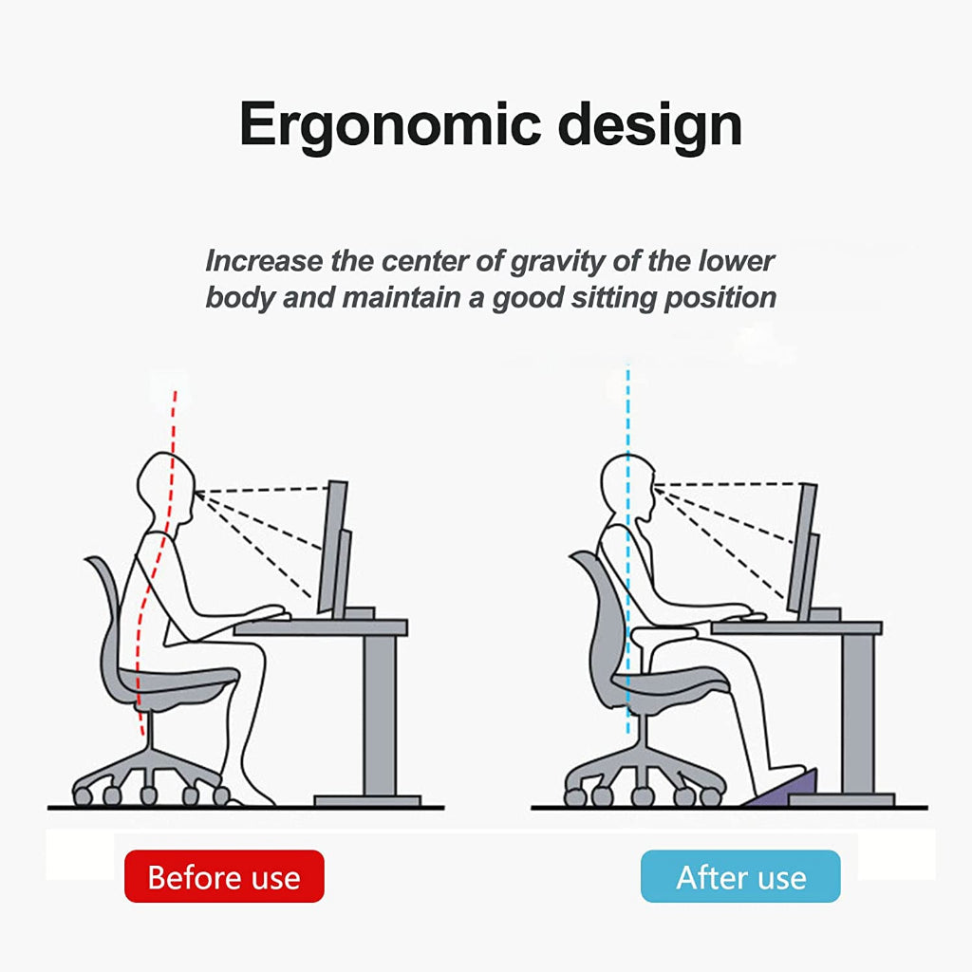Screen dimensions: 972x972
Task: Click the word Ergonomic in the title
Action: [x=390, y=125]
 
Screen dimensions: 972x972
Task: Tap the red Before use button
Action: [x=224, y=876]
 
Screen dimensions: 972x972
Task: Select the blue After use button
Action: [x=740, y=876]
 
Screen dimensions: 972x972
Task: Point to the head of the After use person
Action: [x=627, y=490]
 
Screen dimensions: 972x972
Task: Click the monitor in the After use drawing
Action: [x=805, y=551]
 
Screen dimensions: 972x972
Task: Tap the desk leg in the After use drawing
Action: [x=858, y=714]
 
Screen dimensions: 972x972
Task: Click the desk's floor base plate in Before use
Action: [x=367, y=801]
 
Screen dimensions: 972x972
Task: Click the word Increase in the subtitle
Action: [x=264, y=261]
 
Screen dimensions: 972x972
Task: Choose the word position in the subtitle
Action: [x=720, y=297]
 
